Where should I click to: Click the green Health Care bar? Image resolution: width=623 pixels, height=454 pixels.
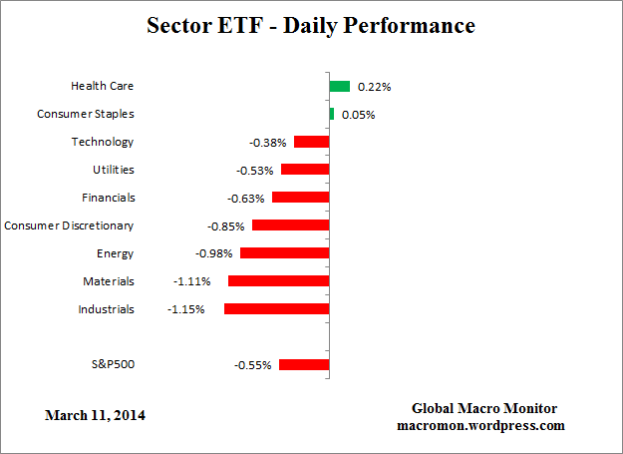coord(340,87)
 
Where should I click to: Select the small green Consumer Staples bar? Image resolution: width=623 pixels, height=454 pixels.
coord(332,114)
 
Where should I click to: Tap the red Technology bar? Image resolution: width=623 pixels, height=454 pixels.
coord(311,142)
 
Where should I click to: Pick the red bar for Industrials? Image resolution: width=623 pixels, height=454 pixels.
coord(276,309)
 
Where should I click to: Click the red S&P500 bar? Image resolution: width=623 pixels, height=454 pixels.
coord(304,365)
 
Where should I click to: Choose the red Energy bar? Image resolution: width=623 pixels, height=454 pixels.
coord(284,253)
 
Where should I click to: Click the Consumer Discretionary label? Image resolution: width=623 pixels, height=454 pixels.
coord(69,226)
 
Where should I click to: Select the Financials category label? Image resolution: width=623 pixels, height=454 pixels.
coord(108,198)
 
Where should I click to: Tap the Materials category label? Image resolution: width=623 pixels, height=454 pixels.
coord(109,281)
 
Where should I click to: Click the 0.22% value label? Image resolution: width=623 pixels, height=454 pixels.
coord(375,87)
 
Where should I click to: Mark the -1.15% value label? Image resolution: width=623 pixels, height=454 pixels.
coord(186,309)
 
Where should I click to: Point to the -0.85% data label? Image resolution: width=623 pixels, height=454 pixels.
coord(227,227)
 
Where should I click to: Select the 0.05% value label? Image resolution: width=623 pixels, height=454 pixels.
coord(357,115)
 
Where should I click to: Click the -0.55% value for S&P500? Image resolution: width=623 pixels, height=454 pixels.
coord(253,365)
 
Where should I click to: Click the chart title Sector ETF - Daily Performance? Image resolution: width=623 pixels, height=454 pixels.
coord(312,26)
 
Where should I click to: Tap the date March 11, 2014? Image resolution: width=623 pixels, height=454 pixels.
coord(95,414)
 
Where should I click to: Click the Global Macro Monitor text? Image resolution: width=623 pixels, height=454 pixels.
coord(484,409)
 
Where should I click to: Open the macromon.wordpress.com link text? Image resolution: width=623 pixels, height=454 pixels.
coord(481,425)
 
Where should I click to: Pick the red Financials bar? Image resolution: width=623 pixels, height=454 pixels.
coord(300,198)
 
